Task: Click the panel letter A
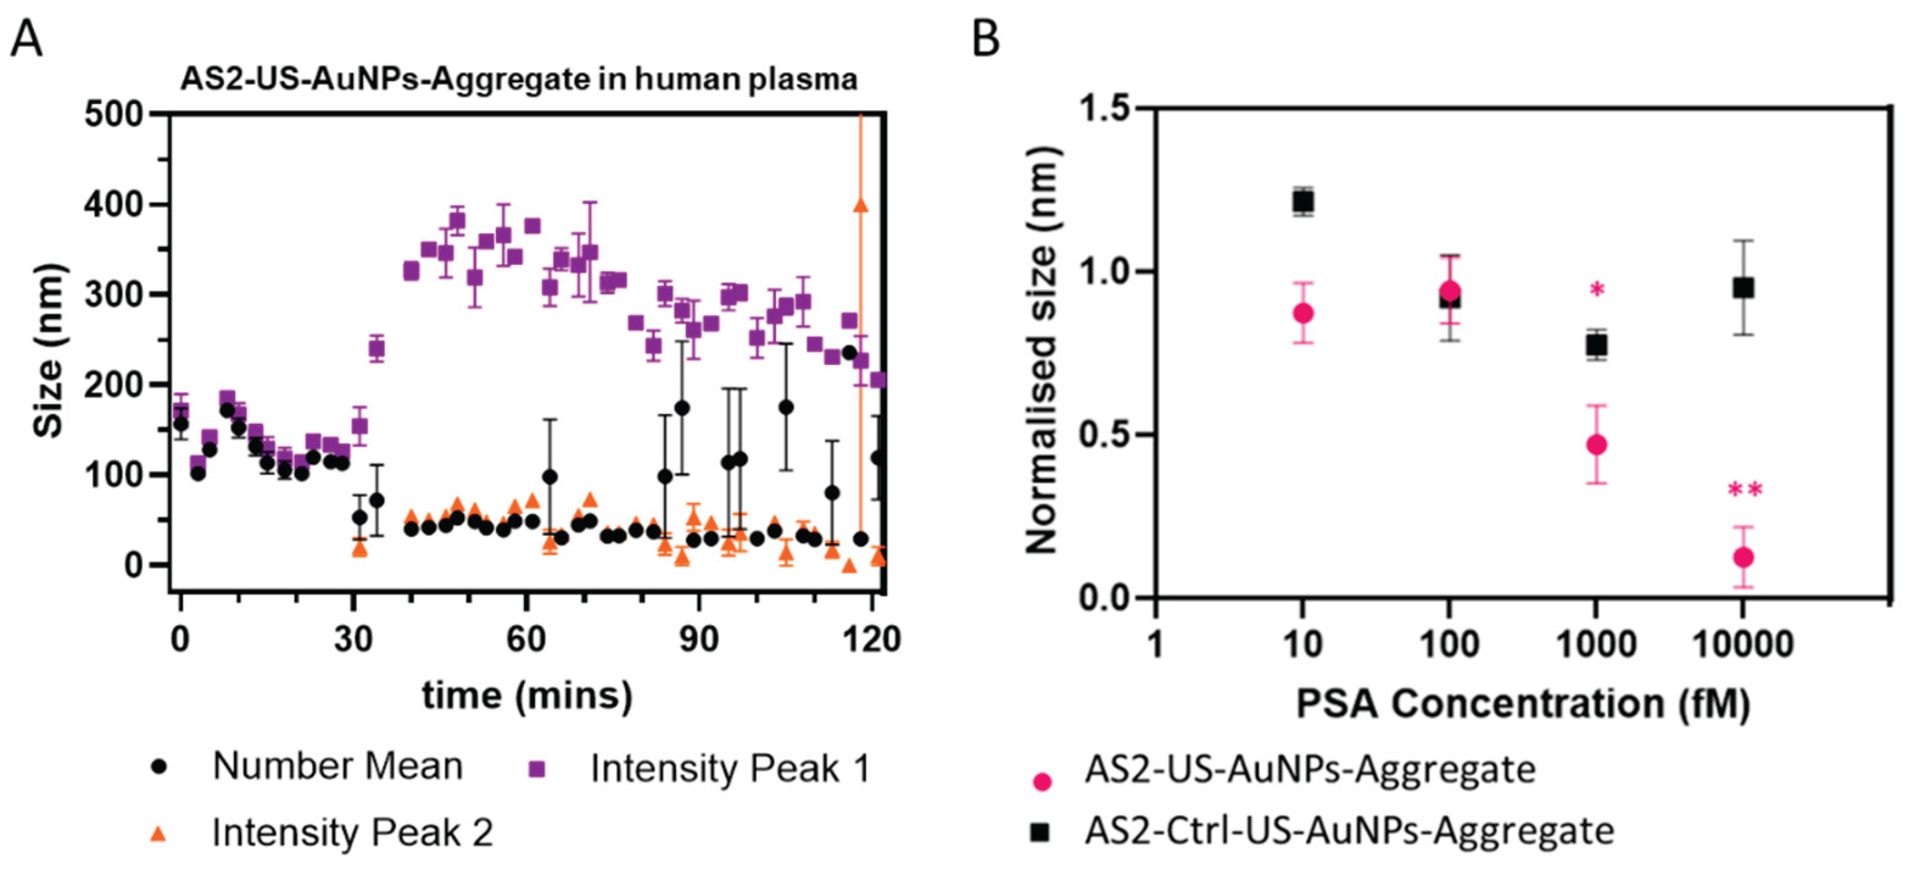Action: [26, 39]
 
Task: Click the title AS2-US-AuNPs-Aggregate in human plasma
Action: [519, 79]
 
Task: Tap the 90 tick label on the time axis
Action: [698, 640]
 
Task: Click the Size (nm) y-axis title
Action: [49, 350]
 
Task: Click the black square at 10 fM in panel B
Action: [1303, 201]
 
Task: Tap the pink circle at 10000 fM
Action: [1743, 557]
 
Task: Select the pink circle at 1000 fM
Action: [1596, 445]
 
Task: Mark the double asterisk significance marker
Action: [1745, 490]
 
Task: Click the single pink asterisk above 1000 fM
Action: [1596, 290]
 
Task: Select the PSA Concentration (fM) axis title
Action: [1523, 703]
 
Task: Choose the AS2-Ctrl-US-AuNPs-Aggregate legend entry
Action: [1348, 831]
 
